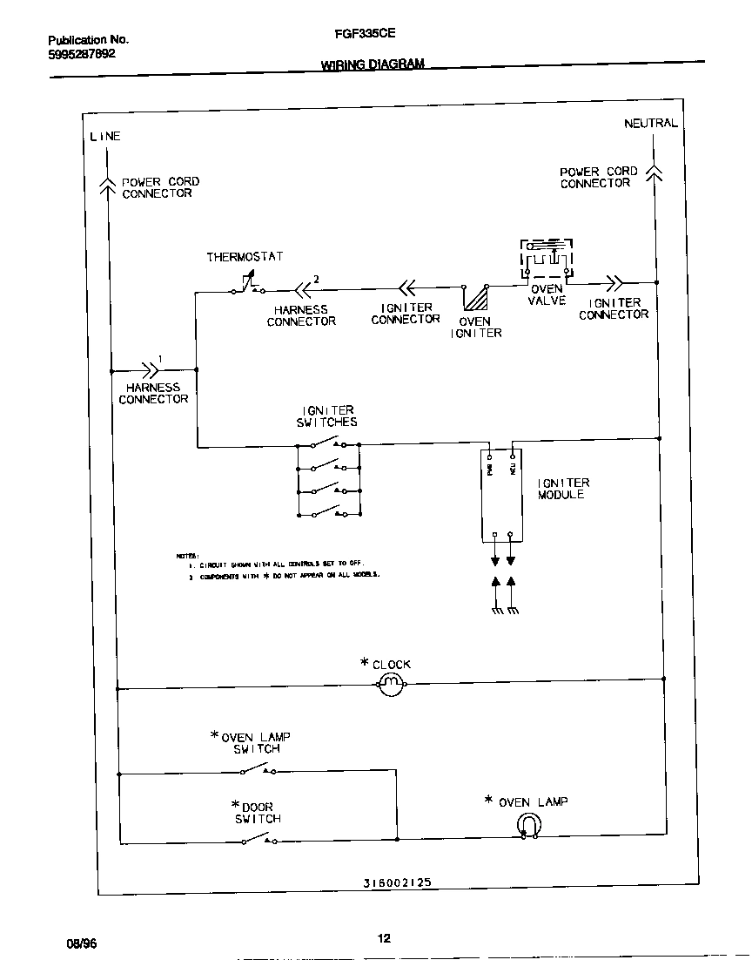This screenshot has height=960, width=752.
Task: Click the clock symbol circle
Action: pos(392,685)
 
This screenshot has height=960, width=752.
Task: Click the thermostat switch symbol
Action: pos(247,284)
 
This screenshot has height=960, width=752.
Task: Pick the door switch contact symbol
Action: pos(258,840)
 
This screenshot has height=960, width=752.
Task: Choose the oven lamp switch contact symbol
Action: pos(258,770)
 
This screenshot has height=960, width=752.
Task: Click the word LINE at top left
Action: pos(105,137)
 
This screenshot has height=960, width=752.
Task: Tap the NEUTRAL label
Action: pos(650,124)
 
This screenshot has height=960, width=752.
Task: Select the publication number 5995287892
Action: pos(81,54)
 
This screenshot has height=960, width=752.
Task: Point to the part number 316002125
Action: pos(397,882)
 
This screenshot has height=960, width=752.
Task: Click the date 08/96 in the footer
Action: pos(80,943)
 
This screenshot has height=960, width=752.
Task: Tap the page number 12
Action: pos(384,938)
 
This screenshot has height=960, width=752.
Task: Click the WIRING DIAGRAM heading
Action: pos(373,64)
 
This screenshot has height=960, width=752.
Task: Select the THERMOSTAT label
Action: pos(245,257)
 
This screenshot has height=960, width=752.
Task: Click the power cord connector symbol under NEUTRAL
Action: pos(655,172)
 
